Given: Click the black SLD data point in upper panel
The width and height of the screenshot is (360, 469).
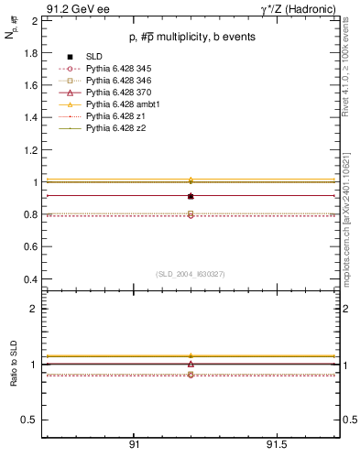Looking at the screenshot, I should pyautogui.click(x=191, y=196).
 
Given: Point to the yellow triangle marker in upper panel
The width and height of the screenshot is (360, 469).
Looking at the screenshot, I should pyautogui.click(x=191, y=180).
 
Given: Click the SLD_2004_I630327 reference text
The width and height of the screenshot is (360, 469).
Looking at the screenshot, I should pyautogui.click(x=191, y=274).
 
